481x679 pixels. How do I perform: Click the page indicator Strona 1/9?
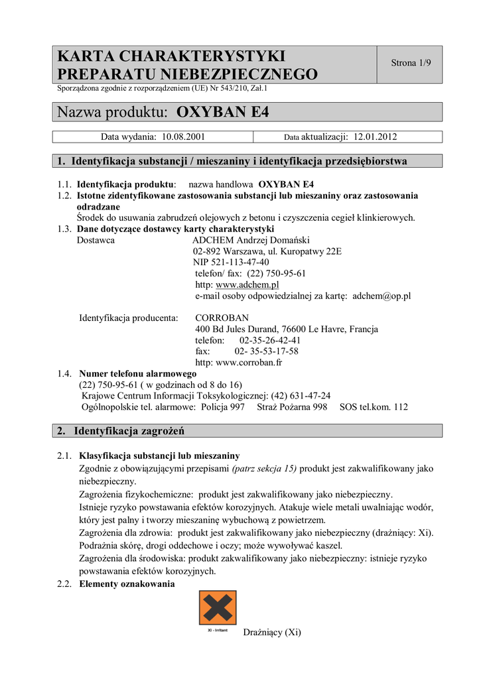[x=411, y=64]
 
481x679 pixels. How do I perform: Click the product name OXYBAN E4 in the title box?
[x=224, y=112]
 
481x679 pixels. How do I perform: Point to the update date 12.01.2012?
[x=375, y=137]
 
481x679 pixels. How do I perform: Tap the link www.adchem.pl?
[x=247, y=284]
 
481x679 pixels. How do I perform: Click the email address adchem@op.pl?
[x=381, y=296]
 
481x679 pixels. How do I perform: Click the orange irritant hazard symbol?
[x=218, y=607]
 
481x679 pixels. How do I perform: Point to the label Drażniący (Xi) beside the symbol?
[x=272, y=632]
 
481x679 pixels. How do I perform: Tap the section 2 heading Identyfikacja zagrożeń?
[x=129, y=431]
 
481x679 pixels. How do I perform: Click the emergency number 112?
[x=400, y=407]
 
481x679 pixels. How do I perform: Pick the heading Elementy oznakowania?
[x=127, y=584]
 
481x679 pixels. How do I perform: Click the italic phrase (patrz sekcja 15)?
[x=265, y=468]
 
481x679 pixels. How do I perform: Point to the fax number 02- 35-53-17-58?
[x=266, y=351]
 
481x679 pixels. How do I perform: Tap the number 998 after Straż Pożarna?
[x=320, y=407]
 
